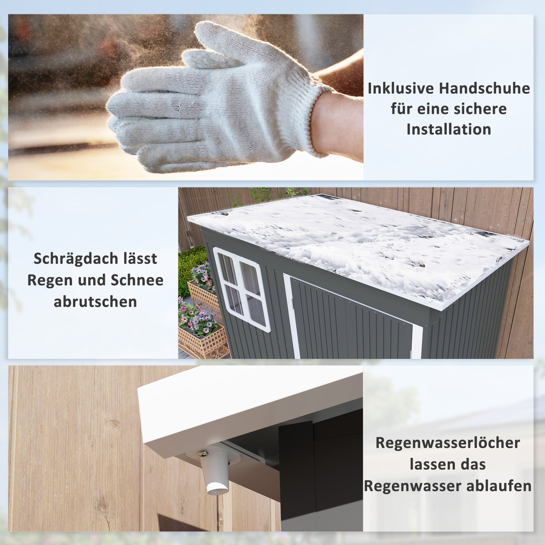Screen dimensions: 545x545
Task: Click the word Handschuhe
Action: (x=485, y=88)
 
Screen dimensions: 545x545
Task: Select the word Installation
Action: (x=449, y=129)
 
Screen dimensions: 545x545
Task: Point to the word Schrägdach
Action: (x=76, y=259)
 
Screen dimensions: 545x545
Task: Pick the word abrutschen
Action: (x=95, y=302)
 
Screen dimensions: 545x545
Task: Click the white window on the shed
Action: (x=241, y=289)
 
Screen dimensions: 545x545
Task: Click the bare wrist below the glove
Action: (x=339, y=127)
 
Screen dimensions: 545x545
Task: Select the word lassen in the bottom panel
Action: (x=432, y=465)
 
